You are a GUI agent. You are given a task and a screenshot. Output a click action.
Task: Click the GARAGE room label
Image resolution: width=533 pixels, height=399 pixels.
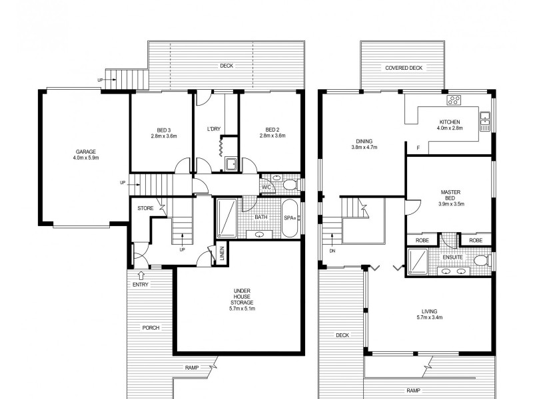(x=86, y=152)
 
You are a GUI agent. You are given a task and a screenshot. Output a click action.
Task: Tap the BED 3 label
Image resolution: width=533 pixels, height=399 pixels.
(x=163, y=130)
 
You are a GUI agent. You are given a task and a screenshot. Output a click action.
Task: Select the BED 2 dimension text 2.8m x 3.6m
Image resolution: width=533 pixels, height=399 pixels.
(x=272, y=136)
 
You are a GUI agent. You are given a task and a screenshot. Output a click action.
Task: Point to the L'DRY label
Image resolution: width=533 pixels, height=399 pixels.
(x=214, y=129)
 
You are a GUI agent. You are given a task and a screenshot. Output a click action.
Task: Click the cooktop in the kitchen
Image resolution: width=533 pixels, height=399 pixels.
(x=454, y=100)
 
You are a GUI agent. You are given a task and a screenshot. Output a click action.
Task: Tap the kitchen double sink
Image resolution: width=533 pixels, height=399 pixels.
(x=485, y=121)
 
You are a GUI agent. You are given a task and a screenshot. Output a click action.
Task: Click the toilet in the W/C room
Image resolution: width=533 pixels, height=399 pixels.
(x=290, y=186)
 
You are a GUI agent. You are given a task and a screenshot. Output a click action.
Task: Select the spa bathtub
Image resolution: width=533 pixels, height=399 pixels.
(x=290, y=218)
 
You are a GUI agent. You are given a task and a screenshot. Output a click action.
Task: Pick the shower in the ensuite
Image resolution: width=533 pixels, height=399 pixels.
(x=418, y=261)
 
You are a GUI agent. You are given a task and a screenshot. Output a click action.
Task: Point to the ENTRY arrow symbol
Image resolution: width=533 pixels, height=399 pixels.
(x=141, y=275)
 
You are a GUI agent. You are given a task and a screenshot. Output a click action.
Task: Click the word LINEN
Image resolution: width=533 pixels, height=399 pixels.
(x=222, y=253)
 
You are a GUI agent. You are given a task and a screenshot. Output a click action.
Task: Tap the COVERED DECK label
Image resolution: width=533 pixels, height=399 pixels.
(x=404, y=68)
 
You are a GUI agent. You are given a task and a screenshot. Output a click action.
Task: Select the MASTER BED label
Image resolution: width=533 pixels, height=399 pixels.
(x=450, y=195)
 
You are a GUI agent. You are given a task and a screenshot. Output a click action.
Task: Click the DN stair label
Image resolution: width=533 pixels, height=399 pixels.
(x=332, y=251)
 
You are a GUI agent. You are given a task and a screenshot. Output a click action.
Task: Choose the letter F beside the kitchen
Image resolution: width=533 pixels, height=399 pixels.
(x=418, y=148)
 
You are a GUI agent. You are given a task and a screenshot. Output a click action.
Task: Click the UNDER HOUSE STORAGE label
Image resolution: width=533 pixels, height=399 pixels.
(x=242, y=297)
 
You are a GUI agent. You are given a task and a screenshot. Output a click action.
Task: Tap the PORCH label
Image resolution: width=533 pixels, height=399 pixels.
(x=151, y=328)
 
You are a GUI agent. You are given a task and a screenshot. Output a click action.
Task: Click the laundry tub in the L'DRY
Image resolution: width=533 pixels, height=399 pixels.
(x=231, y=164)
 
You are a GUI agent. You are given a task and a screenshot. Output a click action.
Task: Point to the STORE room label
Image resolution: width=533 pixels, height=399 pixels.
(x=145, y=208)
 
